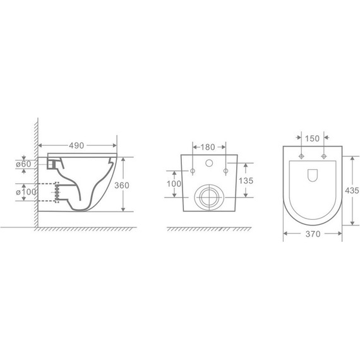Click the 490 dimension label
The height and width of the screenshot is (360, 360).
(x=76, y=145)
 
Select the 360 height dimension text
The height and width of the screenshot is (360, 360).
(x=122, y=185)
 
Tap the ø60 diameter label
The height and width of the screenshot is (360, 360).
(x=23, y=164)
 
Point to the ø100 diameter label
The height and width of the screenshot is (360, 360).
(x=26, y=192)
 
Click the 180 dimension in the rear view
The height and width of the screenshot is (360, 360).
(x=208, y=147)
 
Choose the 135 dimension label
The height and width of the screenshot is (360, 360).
(x=246, y=181)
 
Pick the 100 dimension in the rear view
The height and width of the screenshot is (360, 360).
(x=174, y=184)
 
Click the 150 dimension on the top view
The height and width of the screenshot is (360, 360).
(x=312, y=138)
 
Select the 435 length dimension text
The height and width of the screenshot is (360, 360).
(x=352, y=190)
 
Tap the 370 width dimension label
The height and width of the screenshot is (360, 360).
(x=313, y=234)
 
